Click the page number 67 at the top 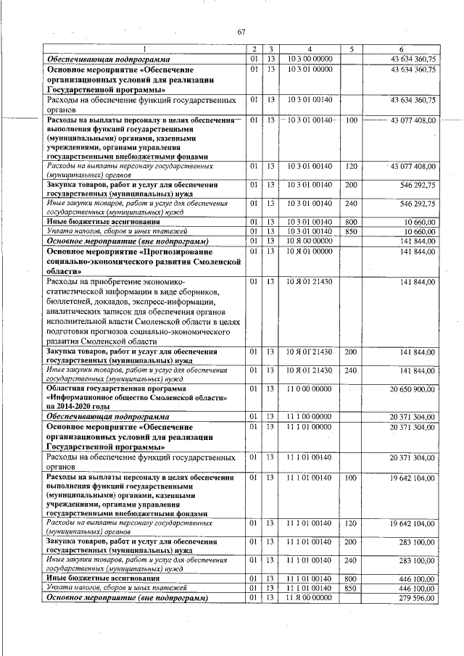[241, 31]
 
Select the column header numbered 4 [309, 49]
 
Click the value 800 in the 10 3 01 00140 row [351, 221]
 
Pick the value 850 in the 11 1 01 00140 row [351, 588]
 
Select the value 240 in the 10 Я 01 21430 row [351, 370]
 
